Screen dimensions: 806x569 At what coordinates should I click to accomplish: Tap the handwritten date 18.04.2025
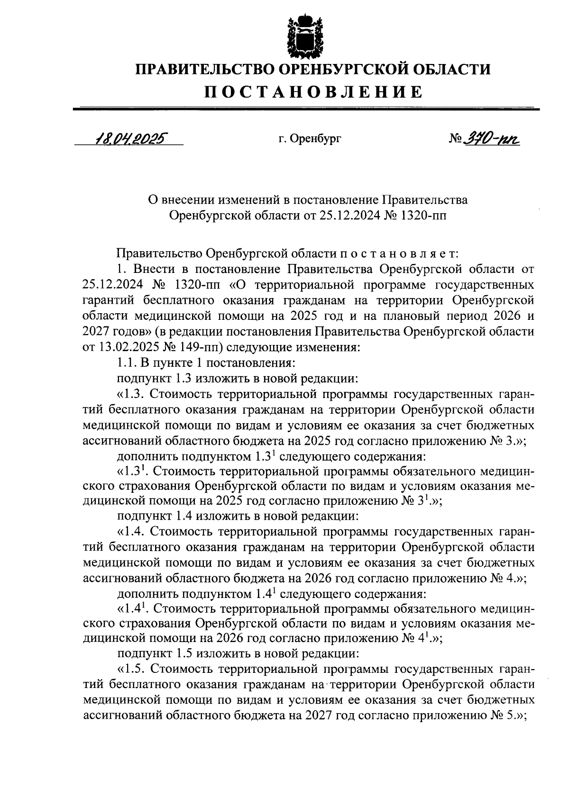(129, 139)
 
